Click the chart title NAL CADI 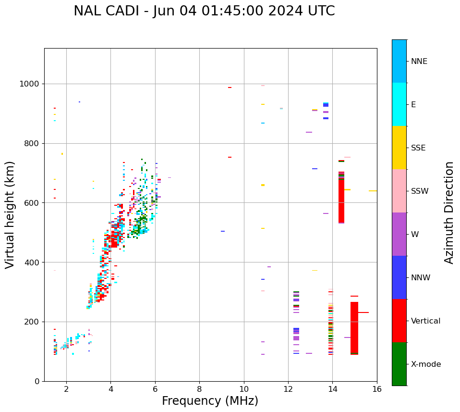204,11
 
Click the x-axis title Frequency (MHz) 210,401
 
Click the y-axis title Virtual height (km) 10,214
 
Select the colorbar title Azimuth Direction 449,212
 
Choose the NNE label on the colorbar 419,62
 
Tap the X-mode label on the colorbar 425,364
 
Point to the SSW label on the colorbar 420,191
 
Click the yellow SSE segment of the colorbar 399,148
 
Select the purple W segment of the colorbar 399,234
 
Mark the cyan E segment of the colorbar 399,104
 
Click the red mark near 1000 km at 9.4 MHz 230,87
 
